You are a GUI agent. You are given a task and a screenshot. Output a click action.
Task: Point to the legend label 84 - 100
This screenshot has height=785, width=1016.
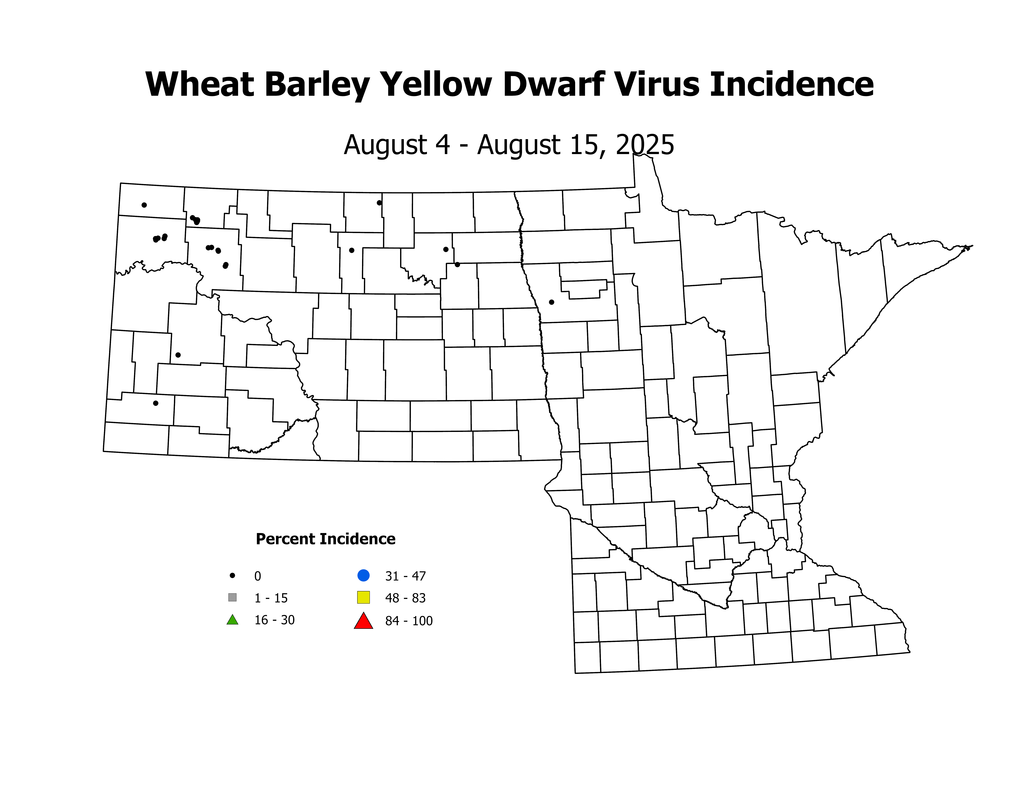click(x=408, y=621)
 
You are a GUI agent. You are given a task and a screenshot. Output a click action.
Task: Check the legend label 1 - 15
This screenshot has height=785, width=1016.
click(x=271, y=598)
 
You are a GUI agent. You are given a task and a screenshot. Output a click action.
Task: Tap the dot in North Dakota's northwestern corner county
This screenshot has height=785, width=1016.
click(x=144, y=205)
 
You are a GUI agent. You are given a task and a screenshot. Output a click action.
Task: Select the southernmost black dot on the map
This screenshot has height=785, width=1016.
click(x=156, y=403)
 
